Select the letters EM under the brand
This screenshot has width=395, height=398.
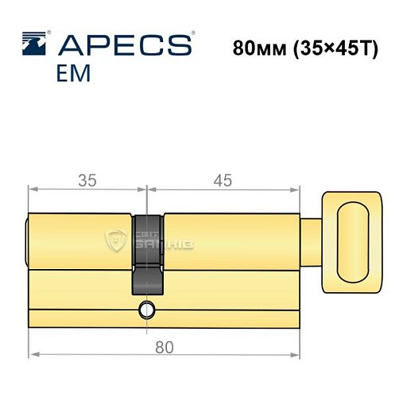[x=73, y=73]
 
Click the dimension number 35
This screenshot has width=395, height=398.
[x=88, y=181]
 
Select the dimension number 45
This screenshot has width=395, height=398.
[x=223, y=181]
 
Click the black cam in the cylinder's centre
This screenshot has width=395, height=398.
[x=147, y=255]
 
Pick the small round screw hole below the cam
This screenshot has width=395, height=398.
[x=147, y=309]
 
